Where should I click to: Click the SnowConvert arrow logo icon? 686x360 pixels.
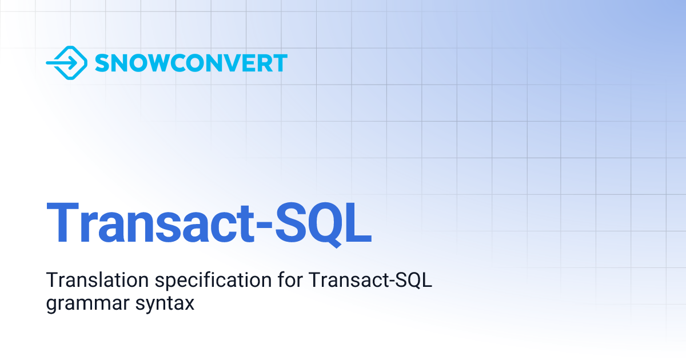[x=66, y=63]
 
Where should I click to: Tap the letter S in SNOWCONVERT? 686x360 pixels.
[x=102, y=63]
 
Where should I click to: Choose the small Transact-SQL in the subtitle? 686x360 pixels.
[x=370, y=281]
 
